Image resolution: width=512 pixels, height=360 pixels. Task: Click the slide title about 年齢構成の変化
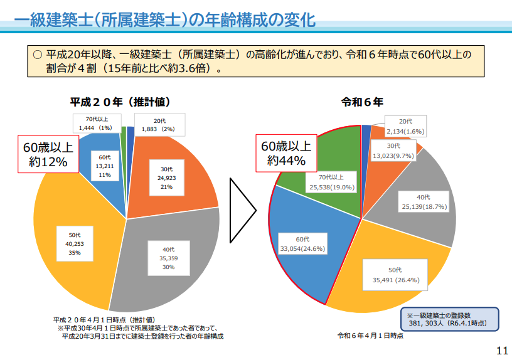164,20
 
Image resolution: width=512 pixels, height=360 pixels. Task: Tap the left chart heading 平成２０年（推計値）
120,102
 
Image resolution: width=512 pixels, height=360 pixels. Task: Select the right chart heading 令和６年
362,102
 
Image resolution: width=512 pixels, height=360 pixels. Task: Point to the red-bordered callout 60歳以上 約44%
285,153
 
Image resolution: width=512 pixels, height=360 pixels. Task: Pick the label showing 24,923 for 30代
166,178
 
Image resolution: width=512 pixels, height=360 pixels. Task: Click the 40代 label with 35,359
169,258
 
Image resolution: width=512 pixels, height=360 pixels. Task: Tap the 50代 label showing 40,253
75,244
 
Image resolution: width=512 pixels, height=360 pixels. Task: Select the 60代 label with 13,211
104,166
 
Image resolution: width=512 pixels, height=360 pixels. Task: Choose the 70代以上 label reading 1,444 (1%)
95,124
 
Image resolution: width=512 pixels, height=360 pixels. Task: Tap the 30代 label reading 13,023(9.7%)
393,151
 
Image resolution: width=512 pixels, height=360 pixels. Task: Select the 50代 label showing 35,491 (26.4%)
395,275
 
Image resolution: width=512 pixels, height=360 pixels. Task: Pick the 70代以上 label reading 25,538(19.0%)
332,182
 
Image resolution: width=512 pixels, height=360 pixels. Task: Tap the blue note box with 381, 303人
449,319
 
